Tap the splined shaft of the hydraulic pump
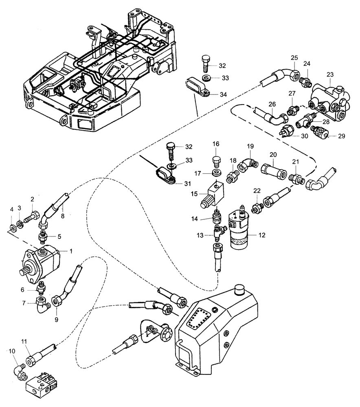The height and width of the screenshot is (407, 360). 24,270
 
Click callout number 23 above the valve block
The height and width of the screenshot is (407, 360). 329,74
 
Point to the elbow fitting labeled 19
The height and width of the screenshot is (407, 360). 247,164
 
